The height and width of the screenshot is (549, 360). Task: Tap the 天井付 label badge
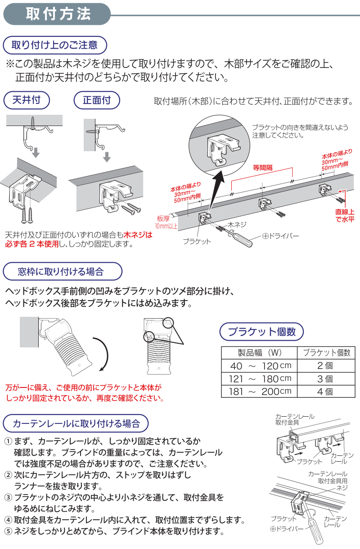(x=26, y=100)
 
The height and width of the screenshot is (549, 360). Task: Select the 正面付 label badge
(x=97, y=100)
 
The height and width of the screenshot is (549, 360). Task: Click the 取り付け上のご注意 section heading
(x=54, y=45)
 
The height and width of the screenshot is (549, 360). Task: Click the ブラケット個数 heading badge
(x=261, y=332)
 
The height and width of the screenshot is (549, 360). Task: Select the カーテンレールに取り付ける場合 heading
(x=76, y=423)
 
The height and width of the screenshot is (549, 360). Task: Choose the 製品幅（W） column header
(x=260, y=352)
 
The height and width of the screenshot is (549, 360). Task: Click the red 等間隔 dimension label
(x=262, y=168)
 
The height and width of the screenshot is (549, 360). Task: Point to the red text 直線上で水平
(x=344, y=216)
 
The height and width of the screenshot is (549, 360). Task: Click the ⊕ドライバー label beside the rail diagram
(x=281, y=235)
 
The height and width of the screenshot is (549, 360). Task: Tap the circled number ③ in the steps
(x=8, y=498)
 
